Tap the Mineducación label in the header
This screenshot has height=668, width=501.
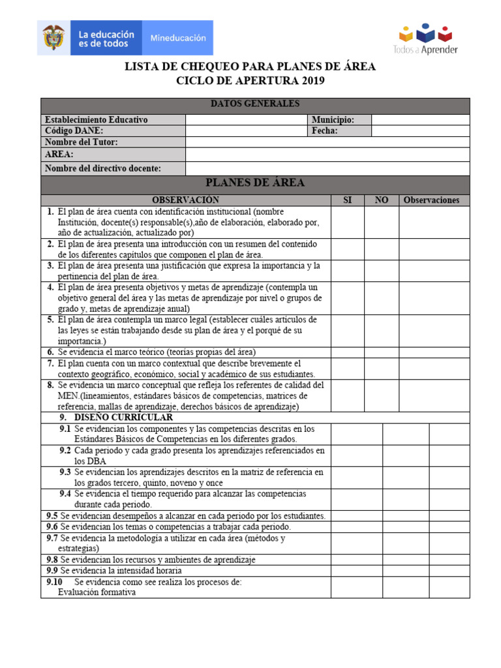(x=178, y=38)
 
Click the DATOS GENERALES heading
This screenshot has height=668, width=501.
(x=255, y=104)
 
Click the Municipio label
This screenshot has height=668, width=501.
(x=333, y=120)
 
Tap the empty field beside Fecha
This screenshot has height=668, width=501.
(x=420, y=131)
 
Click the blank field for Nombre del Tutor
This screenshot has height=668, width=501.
(x=327, y=142)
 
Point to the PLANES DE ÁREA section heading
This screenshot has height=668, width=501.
(x=255, y=183)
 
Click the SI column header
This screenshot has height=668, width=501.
(x=347, y=200)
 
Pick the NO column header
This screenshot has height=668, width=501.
(x=381, y=200)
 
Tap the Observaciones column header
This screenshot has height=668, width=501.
(x=431, y=200)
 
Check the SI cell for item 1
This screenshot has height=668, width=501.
(x=347, y=222)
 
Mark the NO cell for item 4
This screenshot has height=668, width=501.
(x=381, y=298)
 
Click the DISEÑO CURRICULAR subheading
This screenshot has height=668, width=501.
(x=123, y=417)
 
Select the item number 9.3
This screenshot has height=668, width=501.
(x=65, y=472)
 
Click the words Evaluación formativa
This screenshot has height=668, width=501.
(x=97, y=592)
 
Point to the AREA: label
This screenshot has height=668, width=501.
(x=59, y=155)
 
